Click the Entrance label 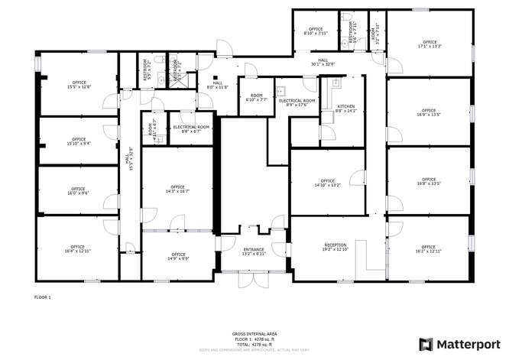254,251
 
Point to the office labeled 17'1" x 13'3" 430,44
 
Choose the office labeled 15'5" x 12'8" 79,85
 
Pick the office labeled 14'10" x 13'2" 329,183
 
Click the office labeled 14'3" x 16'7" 177,190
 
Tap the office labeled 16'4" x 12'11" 78,248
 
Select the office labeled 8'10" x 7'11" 316,31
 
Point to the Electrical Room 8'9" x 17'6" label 297,102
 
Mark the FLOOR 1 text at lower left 43,297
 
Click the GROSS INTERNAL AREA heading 254,334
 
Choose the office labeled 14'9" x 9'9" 178,256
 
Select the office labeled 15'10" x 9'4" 79,141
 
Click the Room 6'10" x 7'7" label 257,98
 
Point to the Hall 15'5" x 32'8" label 128,162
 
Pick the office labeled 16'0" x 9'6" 78,191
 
